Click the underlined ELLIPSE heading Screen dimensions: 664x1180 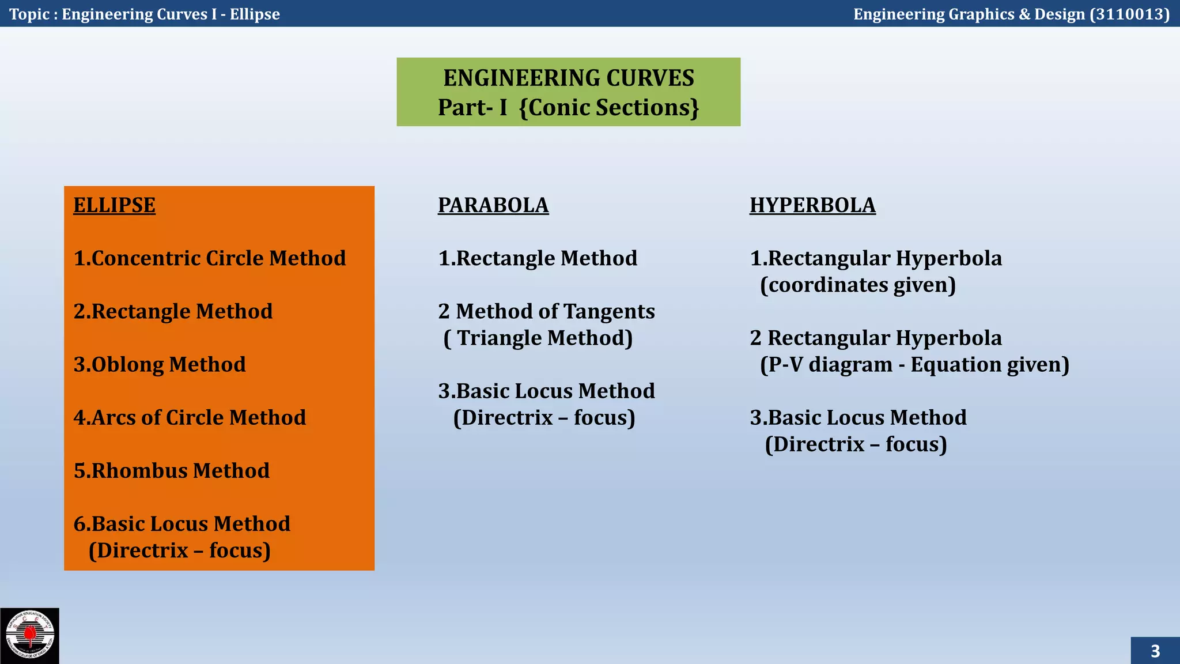coord(114,205)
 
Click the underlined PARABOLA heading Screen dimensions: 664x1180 coord(493,205)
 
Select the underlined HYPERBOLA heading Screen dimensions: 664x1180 coord(812,205)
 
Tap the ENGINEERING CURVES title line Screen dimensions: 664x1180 coord(568,78)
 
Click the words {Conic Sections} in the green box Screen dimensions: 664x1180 coord(608,108)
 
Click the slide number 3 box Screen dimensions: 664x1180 coord(1155,651)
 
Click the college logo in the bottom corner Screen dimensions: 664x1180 coord(29,636)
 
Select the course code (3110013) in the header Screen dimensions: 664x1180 coord(1129,14)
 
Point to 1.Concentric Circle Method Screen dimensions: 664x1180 coord(210,258)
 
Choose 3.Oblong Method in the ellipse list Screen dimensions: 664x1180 coord(160,365)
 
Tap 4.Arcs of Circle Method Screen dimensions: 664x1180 coord(190,418)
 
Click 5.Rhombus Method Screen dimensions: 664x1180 coord(172,471)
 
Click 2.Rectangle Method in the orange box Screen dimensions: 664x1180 coord(173,311)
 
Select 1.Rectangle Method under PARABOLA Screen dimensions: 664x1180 coord(538,258)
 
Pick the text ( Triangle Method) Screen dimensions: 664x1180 coord(538,338)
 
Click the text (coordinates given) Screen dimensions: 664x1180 coord(857,285)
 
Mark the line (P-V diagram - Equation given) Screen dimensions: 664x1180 coord(914,365)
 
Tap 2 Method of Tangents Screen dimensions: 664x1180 coord(546,311)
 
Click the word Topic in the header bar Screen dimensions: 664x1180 coord(29,14)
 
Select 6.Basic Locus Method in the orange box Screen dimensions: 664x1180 coord(181,524)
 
